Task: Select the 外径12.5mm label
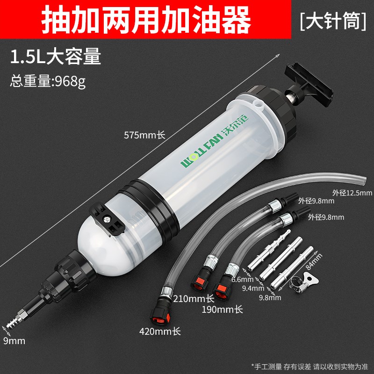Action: click(352, 192)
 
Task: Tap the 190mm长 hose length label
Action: click(222, 309)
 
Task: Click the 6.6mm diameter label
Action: click(240, 279)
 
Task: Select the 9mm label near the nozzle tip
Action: click(14, 340)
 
